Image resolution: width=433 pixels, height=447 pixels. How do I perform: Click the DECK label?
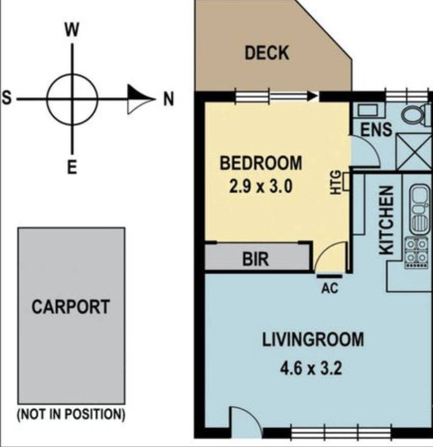pos(267,53)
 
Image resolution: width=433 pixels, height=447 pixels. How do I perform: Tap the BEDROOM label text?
pos(261,163)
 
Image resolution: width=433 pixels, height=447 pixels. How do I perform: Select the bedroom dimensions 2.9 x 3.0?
pos(261,187)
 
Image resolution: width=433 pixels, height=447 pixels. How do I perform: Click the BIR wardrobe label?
pos(255,259)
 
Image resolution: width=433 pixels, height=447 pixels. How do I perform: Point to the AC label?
pos(330,288)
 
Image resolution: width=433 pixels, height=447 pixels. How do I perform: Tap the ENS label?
pos(376,130)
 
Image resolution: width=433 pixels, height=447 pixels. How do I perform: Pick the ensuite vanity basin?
pos(368,110)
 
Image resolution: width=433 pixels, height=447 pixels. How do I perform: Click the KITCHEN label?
pos(387,220)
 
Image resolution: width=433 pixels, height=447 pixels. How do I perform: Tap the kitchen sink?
pos(419,210)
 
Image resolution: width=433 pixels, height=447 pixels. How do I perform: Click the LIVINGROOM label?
pos(313,340)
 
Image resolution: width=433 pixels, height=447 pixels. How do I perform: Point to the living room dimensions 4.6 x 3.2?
pos(311,368)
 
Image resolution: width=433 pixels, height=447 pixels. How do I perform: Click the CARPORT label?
pos(71,307)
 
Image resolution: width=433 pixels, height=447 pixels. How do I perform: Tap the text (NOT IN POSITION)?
pos(71,414)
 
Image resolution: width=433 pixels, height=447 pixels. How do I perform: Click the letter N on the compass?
pos(168,99)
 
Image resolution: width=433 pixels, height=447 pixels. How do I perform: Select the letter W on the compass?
pos(72,30)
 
